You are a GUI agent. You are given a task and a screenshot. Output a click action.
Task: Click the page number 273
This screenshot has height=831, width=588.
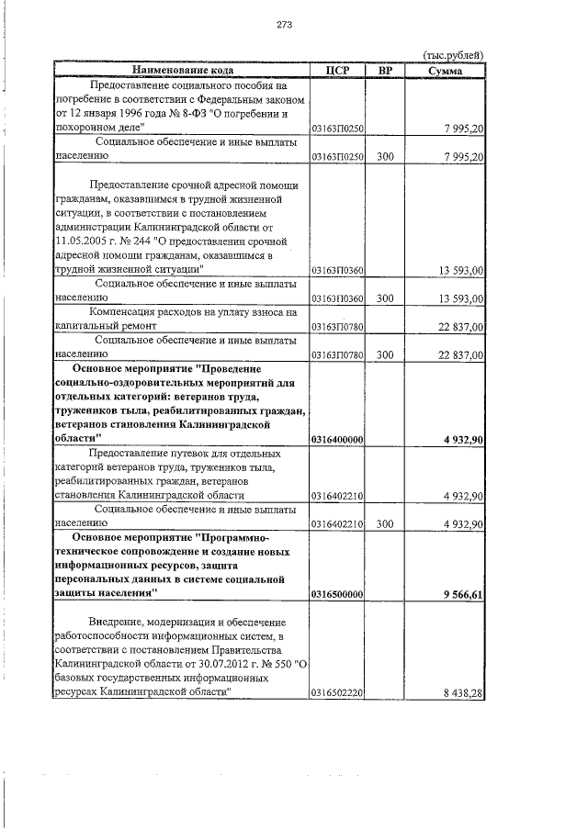point(284,25)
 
